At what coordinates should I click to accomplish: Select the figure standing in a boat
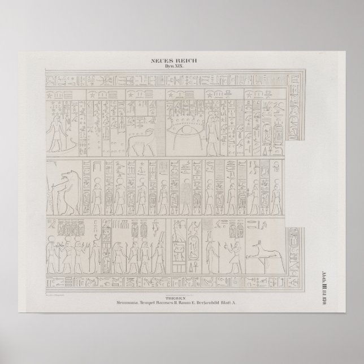pyautogui.click(x=57, y=133)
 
